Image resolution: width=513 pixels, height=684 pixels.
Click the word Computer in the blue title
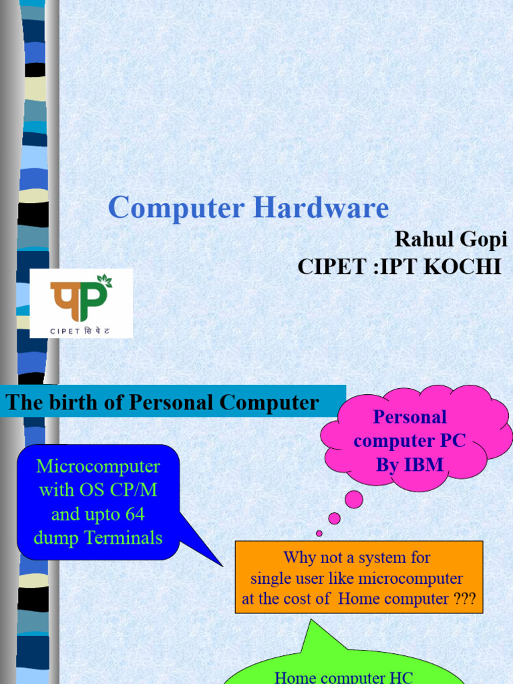click(x=176, y=208)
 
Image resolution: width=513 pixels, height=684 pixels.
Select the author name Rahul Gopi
click(x=451, y=238)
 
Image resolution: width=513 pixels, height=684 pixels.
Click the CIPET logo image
click(x=81, y=303)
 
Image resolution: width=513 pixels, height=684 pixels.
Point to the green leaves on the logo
click(x=104, y=281)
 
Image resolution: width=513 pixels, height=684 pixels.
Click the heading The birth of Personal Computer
click(x=162, y=403)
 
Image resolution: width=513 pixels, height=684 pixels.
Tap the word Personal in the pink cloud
click(x=409, y=417)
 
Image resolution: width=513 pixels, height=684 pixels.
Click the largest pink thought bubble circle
click(x=353, y=500)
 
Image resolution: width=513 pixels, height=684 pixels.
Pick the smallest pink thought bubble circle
click(x=319, y=533)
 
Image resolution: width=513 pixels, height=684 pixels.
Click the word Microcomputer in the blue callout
click(x=98, y=466)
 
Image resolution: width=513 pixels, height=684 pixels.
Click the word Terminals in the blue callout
click(x=126, y=538)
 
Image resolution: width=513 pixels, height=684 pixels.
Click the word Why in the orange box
click(x=298, y=557)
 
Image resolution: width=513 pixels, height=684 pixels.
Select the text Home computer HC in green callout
click(x=343, y=677)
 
